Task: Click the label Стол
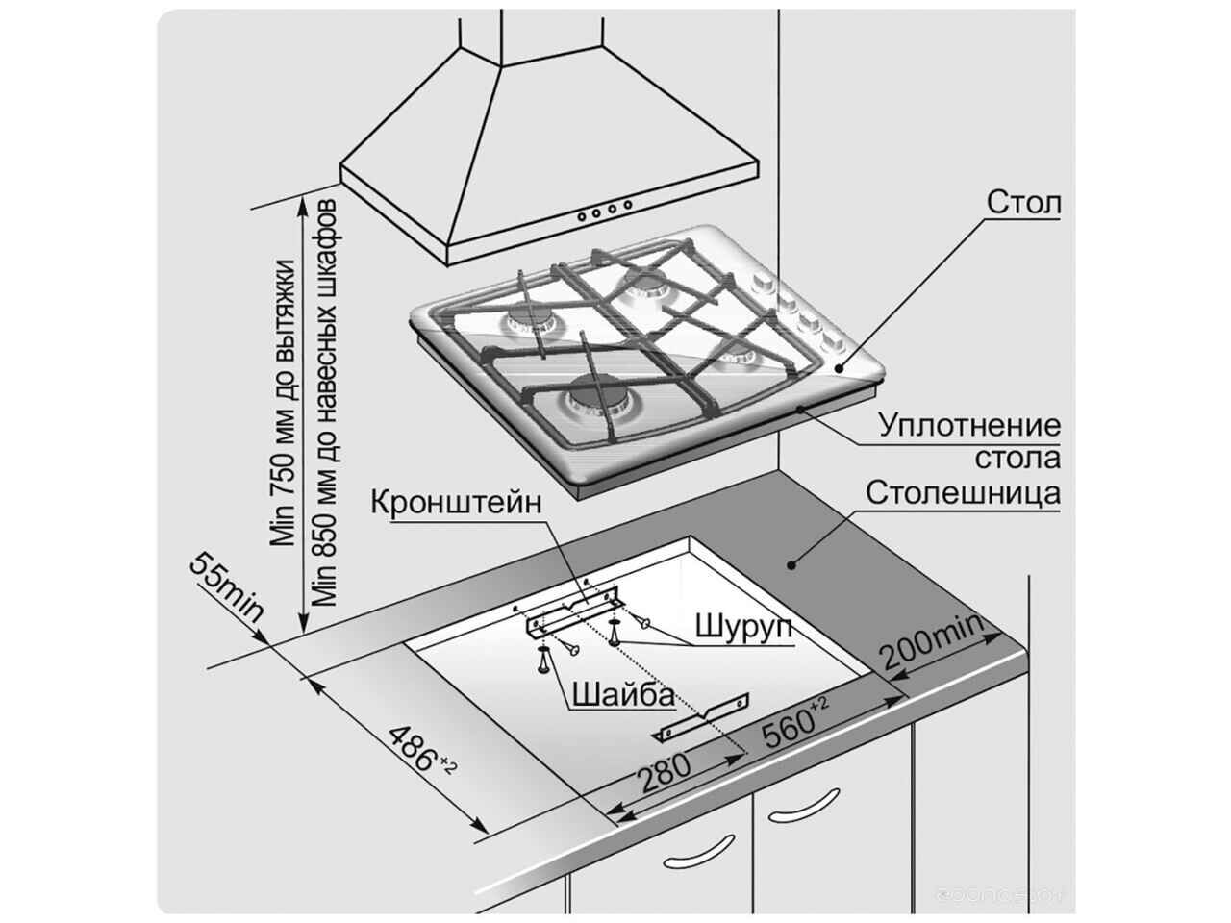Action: point(1023,204)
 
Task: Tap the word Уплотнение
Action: point(970,425)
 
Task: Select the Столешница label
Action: point(963,493)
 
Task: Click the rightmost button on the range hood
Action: point(628,204)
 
